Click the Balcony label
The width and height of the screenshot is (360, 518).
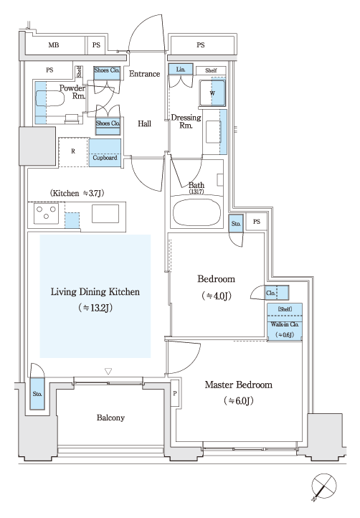coord(110,418)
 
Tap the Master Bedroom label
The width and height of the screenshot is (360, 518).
coord(239,385)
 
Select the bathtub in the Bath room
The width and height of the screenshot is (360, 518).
coord(196,212)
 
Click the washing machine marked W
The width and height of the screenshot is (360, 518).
coord(212,93)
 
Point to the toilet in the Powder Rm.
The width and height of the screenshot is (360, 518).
coord(49,98)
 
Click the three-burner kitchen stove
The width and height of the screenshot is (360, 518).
coord(46,213)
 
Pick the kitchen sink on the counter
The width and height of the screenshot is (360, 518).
coord(105,214)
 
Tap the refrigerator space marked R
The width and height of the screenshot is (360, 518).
coord(73,152)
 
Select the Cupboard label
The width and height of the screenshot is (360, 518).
coord(105,158)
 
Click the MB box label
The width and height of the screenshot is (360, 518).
coord(54,44)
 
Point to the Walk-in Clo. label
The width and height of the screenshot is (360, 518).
coord(285,324)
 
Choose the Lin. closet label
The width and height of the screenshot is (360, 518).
coord(180,70)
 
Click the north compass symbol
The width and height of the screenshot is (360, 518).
coord(323,486)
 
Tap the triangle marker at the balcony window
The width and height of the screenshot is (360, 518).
coord(108,372)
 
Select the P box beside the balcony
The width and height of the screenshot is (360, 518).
coord(175,393)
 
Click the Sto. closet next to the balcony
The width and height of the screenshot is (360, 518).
coord(37,393)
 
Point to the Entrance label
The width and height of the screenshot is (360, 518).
coord(144,74)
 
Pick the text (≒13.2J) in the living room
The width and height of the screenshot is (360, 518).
coord(95,308)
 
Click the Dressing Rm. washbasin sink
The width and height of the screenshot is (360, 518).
coord(213,132)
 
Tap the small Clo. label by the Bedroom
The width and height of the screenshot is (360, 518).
coord(270,293)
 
